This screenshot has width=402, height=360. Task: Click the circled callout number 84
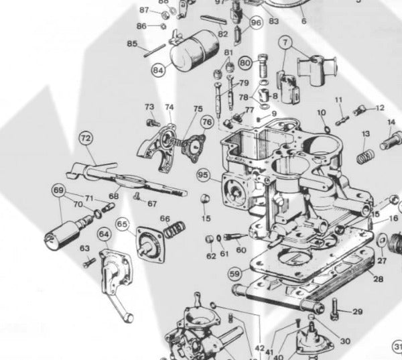[x=158, y=68]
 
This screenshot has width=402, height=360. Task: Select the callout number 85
[x=132, y=44]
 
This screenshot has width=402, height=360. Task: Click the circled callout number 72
[x=85, y=139]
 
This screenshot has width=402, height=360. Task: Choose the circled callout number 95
[x=204, y=176]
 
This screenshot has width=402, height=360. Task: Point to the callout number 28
[x=379, y=279]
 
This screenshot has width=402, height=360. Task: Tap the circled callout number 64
[x=104, y=235]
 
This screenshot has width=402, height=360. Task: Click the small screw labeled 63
[x=88, y=263]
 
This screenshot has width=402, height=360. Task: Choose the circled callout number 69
[x=58, y=190]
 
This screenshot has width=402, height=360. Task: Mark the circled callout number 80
[x=245, y=63]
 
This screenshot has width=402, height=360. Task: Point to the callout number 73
[x=149, y=107]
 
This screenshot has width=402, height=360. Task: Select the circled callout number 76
[x=206, y=122]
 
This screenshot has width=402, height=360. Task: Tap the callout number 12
[x=380, y=107]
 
